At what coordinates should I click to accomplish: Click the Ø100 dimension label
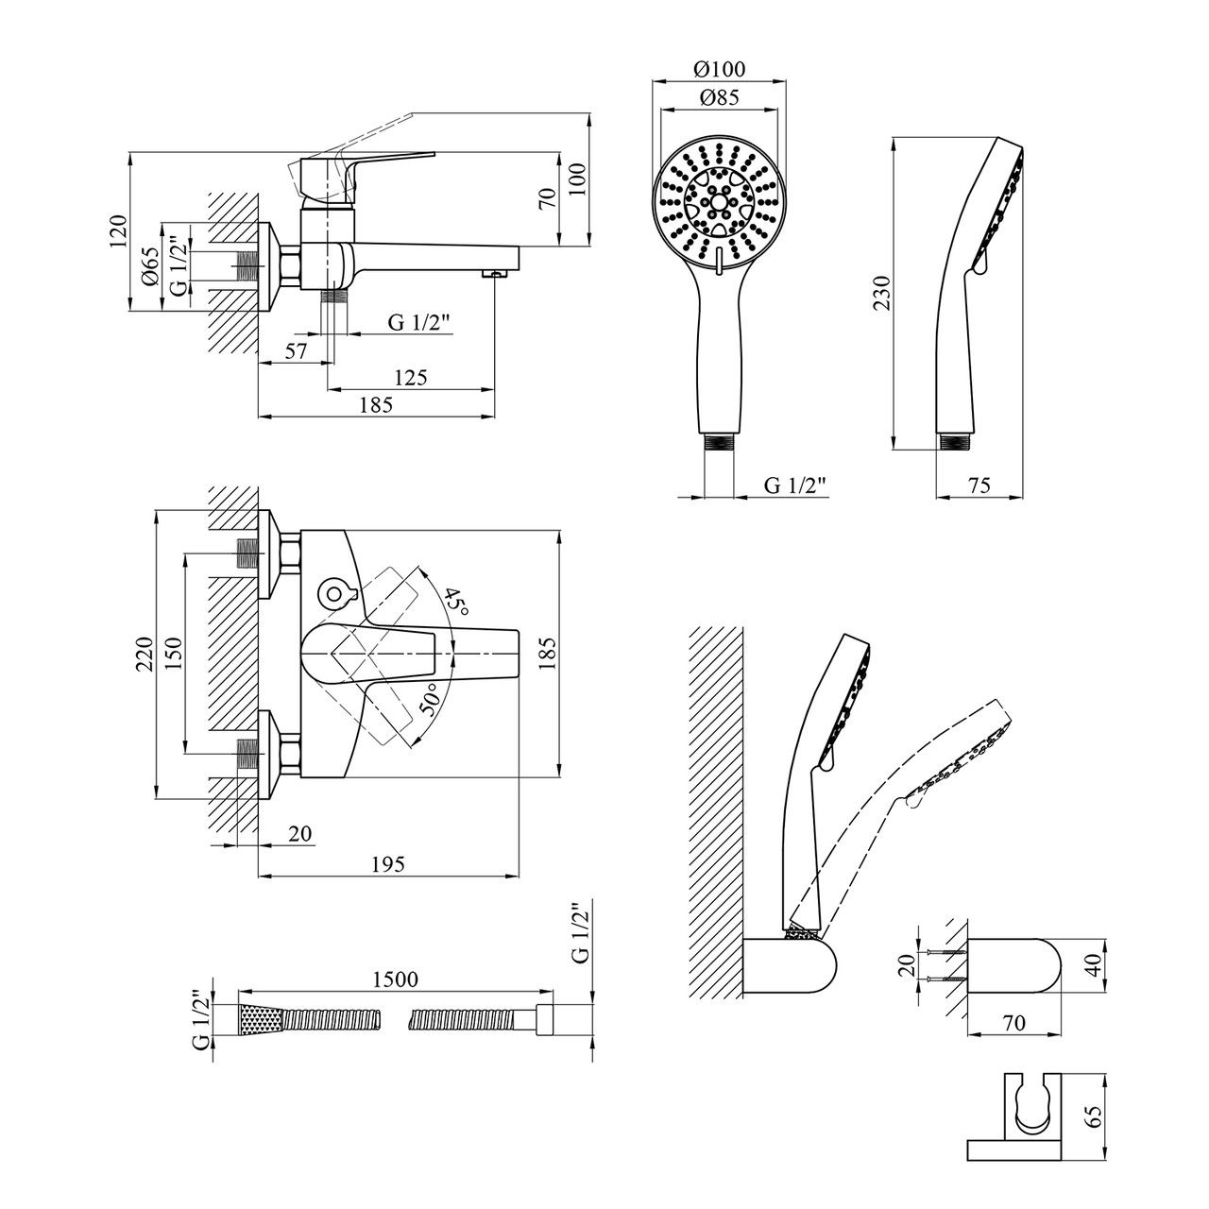720,68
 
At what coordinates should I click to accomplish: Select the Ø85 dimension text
720,97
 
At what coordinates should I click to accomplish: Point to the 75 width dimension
979,485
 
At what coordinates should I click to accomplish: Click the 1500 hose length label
395,979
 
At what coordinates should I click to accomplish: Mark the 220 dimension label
145,655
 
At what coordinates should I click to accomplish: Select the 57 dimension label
297,351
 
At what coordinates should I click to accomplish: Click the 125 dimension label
411,378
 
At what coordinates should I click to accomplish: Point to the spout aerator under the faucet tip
494,273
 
